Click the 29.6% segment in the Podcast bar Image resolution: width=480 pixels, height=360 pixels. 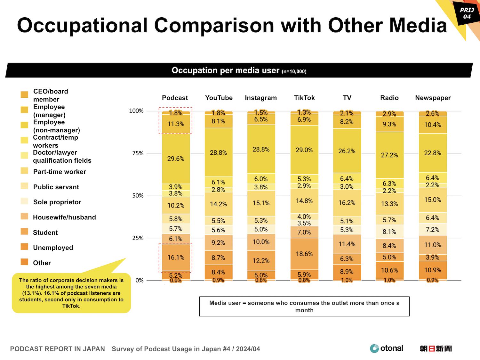[x=176, y=159]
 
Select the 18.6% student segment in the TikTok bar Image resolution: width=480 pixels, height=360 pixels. [x=304, y=254]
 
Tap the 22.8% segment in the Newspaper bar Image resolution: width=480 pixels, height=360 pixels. [x=433, y=153]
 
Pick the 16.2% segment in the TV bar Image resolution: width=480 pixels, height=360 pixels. [x=347, y=203]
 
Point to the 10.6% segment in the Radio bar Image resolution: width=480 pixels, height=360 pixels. [x=389, y=270]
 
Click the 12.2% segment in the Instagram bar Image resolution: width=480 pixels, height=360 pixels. [x=261, y=261]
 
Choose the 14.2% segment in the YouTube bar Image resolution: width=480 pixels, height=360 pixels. [x=219, y=204]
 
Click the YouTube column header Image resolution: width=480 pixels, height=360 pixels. [x=219, y=98]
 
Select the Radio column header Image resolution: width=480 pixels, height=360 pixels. [x=389, y=98]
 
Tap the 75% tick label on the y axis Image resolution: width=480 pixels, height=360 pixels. [x=138, y=153]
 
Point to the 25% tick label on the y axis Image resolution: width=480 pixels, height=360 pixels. [x=138, y=238]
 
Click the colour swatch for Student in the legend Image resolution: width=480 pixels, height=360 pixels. [x=24, y=232]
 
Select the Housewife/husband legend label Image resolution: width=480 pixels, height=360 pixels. [x=64, y=217]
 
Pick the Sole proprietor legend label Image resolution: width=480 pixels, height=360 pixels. [x=57, y=202]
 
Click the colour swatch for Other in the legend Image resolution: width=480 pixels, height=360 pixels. [x=24, y=262]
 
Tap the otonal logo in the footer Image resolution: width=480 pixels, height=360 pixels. [x=386, y=348]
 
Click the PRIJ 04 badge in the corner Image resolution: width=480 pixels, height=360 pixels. [x=467, y=13]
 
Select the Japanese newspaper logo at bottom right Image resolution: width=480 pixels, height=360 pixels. [x=436, y=348]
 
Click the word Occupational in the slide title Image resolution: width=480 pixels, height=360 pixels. [x=82, y=25]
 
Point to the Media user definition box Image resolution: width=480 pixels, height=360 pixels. [x=304, y=307]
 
